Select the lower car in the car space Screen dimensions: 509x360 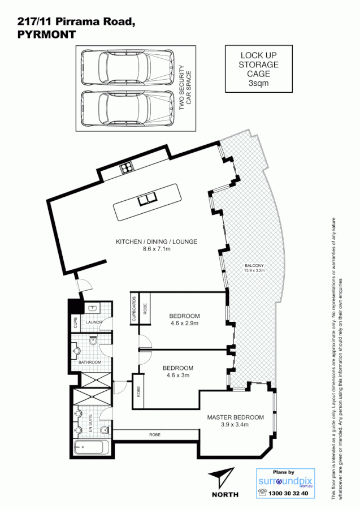point(127,108)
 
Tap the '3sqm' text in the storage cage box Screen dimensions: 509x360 point(258,83)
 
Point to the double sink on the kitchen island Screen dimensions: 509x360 point(148,199)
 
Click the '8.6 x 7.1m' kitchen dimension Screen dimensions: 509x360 point(157,249)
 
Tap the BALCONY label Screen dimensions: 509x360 point(254,266)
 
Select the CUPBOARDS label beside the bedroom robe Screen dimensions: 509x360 point(134,309)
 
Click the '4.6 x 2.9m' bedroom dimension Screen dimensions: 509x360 point(185,323)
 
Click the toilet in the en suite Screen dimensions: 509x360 point(105,432)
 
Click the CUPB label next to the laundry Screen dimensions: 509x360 point(75,323)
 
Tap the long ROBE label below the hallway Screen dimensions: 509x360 point(154,435)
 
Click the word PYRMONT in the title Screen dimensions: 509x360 point(46,34)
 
